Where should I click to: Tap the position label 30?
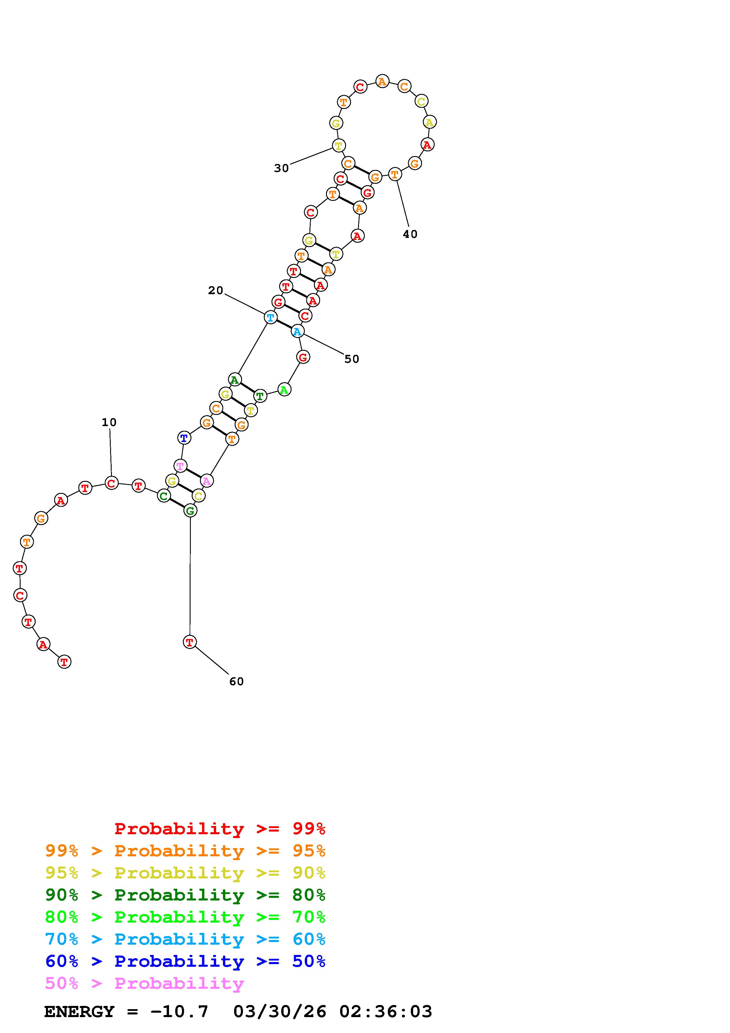click(281, 168)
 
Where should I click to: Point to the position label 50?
click(352, 359)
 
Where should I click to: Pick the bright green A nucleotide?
click(284, 389)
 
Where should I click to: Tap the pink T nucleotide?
click(180, 466)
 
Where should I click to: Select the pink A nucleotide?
click(206, 481)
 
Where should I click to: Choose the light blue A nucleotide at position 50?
click(297, 332)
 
